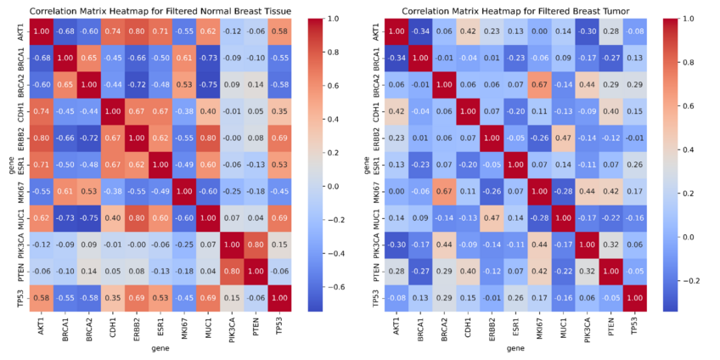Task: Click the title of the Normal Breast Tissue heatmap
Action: pyautogui.click(x=160, y=10)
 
